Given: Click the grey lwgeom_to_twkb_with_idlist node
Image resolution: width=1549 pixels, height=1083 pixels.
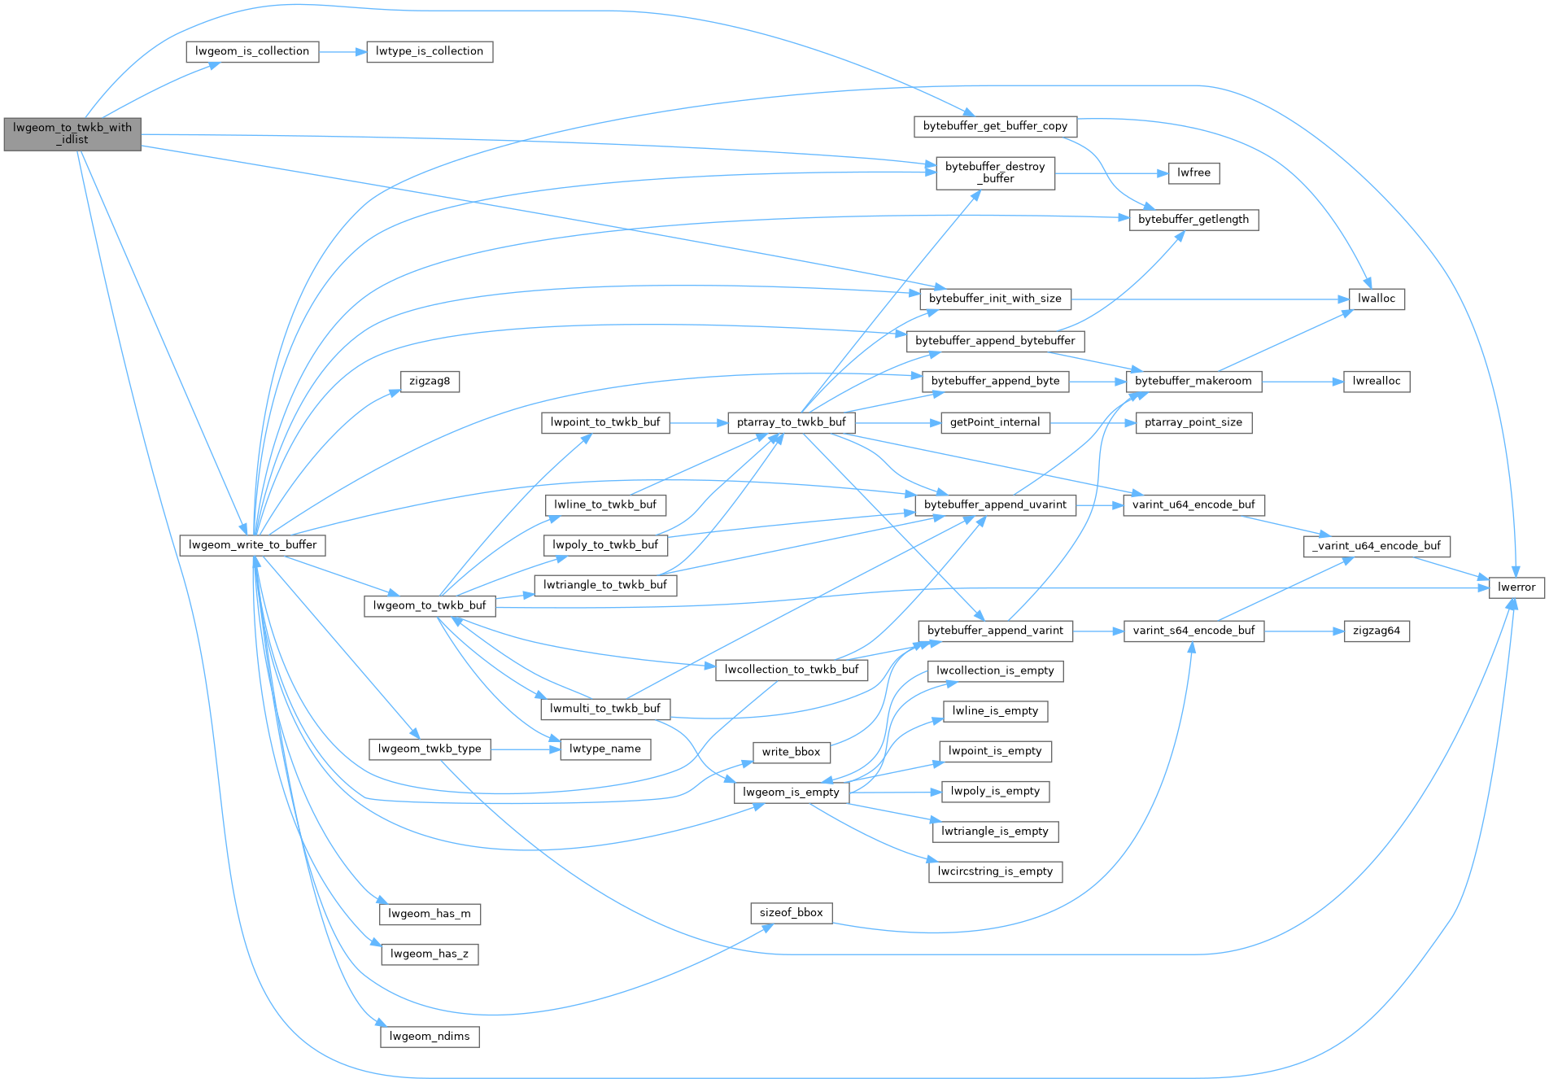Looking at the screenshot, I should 72,133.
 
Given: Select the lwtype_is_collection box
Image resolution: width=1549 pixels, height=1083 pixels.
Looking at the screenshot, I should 429,51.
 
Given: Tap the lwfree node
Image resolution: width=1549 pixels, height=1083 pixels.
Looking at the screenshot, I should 1193,172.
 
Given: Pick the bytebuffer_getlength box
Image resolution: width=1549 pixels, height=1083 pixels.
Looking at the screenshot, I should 1193,220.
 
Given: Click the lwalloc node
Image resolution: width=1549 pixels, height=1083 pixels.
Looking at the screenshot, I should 1376,299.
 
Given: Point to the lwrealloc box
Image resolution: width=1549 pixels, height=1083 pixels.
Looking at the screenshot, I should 1376,381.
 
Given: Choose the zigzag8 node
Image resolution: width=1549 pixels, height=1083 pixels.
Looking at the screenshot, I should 430,381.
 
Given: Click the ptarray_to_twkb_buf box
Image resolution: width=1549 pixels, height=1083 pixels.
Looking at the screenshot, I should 791,422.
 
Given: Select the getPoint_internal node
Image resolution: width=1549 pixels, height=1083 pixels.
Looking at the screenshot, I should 994,422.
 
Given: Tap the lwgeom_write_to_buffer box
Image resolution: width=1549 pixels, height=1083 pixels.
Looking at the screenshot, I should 252,545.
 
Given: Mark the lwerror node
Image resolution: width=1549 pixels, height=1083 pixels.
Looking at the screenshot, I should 1516,587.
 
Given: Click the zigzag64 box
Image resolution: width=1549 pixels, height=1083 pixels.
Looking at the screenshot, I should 1376,631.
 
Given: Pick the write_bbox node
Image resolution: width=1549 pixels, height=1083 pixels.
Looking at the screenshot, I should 791,752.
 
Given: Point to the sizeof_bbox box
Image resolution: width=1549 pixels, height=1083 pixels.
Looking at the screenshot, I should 791,913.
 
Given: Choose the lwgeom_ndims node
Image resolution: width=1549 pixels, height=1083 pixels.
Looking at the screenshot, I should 429,1037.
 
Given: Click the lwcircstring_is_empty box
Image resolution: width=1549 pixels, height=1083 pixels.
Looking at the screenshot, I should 994,871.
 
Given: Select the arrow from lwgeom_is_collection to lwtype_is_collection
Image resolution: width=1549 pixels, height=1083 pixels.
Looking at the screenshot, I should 343,51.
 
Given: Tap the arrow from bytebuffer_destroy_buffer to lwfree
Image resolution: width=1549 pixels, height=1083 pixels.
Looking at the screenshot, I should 1111,173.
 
